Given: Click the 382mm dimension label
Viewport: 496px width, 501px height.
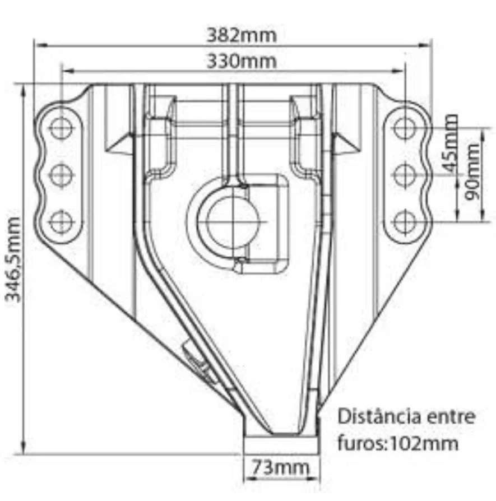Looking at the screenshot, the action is click(x=242, y=35).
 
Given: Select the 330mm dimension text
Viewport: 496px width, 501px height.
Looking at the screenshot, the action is click(x=242, y=61).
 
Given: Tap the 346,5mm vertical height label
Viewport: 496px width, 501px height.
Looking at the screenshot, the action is click(x=13, y=259).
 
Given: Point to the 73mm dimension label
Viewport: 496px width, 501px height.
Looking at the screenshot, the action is click(x=281, y=468).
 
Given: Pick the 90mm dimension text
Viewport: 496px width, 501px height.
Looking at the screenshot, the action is click(x=472, y=172).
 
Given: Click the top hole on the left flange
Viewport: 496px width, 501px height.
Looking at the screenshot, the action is click(x=61, y=128).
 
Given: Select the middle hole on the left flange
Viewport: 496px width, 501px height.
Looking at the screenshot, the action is click(x=61, y=175).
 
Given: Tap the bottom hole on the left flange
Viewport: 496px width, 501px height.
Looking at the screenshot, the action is click(x=61, y=221).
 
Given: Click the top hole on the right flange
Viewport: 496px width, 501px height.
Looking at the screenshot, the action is click(x=405, y=128).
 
